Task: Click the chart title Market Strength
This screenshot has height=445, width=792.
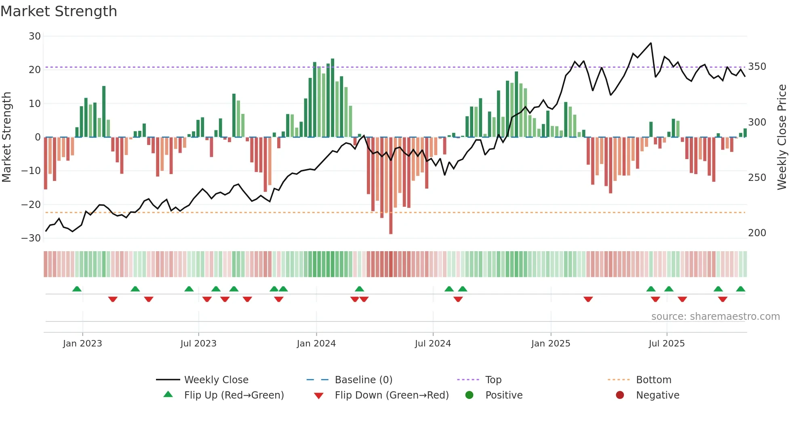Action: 59,11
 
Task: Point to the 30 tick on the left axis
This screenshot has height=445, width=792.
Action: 35,36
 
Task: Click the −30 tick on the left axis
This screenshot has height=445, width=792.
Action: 31,238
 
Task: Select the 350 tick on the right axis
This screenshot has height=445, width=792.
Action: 757,67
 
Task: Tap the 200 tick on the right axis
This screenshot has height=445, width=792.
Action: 757,233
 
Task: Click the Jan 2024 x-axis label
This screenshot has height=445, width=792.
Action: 316,344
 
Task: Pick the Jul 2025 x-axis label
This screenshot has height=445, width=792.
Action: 666,344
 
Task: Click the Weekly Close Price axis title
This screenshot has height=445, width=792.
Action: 782,137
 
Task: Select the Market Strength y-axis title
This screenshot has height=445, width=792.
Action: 6,137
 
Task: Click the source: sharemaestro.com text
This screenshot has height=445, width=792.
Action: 715,317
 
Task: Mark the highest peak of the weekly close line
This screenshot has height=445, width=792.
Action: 651,43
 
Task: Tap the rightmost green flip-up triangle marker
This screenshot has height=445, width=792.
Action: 740,289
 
